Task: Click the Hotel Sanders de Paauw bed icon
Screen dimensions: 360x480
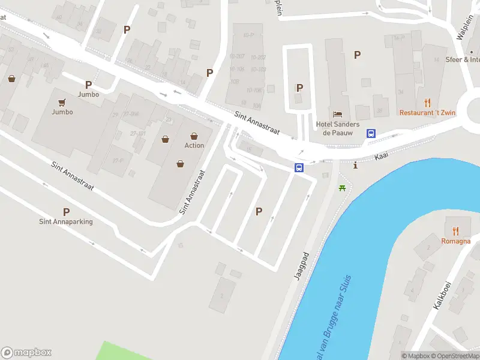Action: coord(337,114)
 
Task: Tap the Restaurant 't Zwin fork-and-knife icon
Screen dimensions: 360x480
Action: coord(427,102)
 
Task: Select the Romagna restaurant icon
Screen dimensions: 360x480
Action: coord(455,230)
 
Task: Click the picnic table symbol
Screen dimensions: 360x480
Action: coord(343,188)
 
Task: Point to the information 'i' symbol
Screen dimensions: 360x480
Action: coord(356,165)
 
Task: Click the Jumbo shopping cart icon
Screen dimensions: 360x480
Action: coord(62,102)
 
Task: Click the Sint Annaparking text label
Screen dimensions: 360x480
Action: coord(66,221)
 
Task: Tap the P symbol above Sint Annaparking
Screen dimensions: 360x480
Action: coord(66,211)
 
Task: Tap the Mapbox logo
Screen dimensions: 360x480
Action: coord(26,353)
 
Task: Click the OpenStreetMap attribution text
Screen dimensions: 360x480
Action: coord(457,356)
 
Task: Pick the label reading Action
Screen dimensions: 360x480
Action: coord(194,145)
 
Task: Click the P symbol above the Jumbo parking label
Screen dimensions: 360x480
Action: coord(88,85)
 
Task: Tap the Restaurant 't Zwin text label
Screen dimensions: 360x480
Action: coord(427,112)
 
